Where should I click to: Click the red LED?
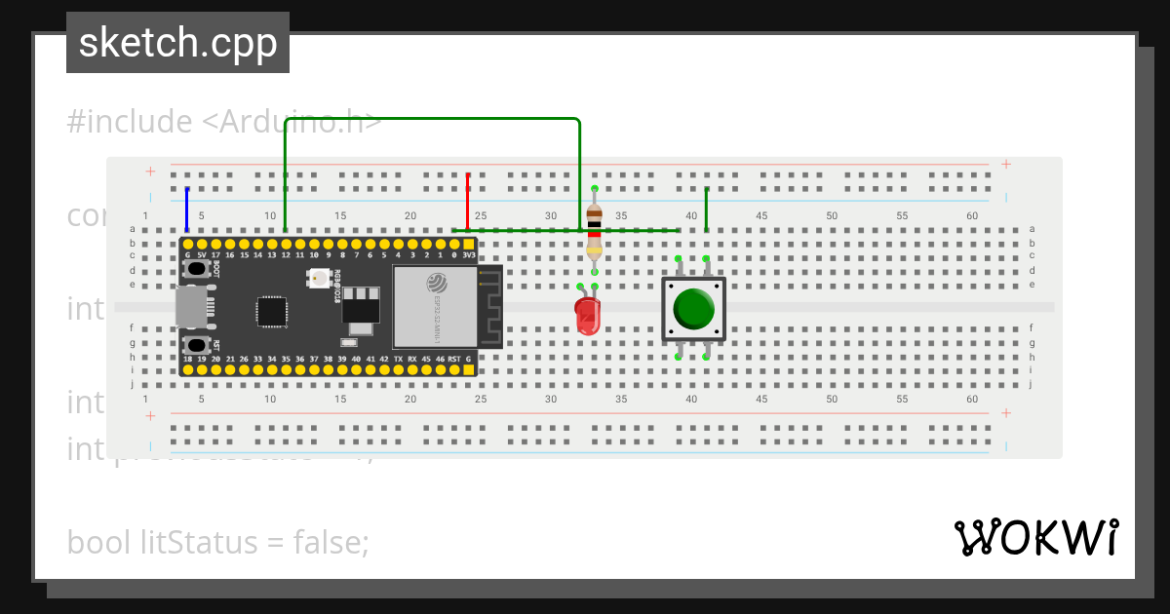587,315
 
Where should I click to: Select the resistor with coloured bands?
594,232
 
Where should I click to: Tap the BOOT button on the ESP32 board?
198,267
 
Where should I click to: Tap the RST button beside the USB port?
198,344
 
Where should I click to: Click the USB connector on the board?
192,306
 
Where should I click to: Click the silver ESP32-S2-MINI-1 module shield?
435,306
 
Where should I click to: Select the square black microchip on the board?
272,312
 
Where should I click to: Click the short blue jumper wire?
187,209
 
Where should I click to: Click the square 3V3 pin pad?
468,243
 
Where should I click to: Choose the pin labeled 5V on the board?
201,243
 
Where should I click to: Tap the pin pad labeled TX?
398,369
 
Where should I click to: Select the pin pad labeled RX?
412,369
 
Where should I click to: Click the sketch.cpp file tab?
177,43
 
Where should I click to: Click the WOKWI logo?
1035,537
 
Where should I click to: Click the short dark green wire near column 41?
706,209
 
